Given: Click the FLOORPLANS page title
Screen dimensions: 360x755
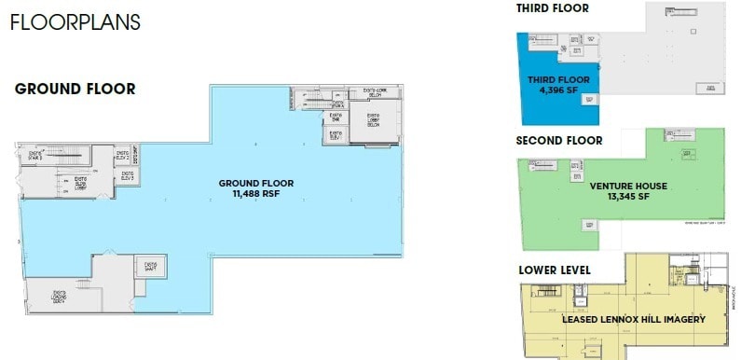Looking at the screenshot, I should [x=75, y=22].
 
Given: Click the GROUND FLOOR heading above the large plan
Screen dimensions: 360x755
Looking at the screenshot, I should [x=75, y=90].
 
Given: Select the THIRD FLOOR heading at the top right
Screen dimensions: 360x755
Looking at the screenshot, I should [x=552, y=8].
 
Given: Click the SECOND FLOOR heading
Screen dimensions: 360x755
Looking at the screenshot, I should [x=559, y=141].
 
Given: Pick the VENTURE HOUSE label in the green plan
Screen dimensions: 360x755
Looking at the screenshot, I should [x=628, y=186].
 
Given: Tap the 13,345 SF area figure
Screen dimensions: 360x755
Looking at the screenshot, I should [x=628, y=196].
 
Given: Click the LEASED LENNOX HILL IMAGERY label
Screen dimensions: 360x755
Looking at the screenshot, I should [x=633, y=320].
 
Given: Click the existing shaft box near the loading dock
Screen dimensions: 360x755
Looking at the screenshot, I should [x=150, y=268].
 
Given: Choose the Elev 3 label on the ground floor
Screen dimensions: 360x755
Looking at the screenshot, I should [x=125, y=177].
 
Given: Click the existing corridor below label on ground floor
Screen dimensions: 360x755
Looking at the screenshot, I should [x=376, y=93].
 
